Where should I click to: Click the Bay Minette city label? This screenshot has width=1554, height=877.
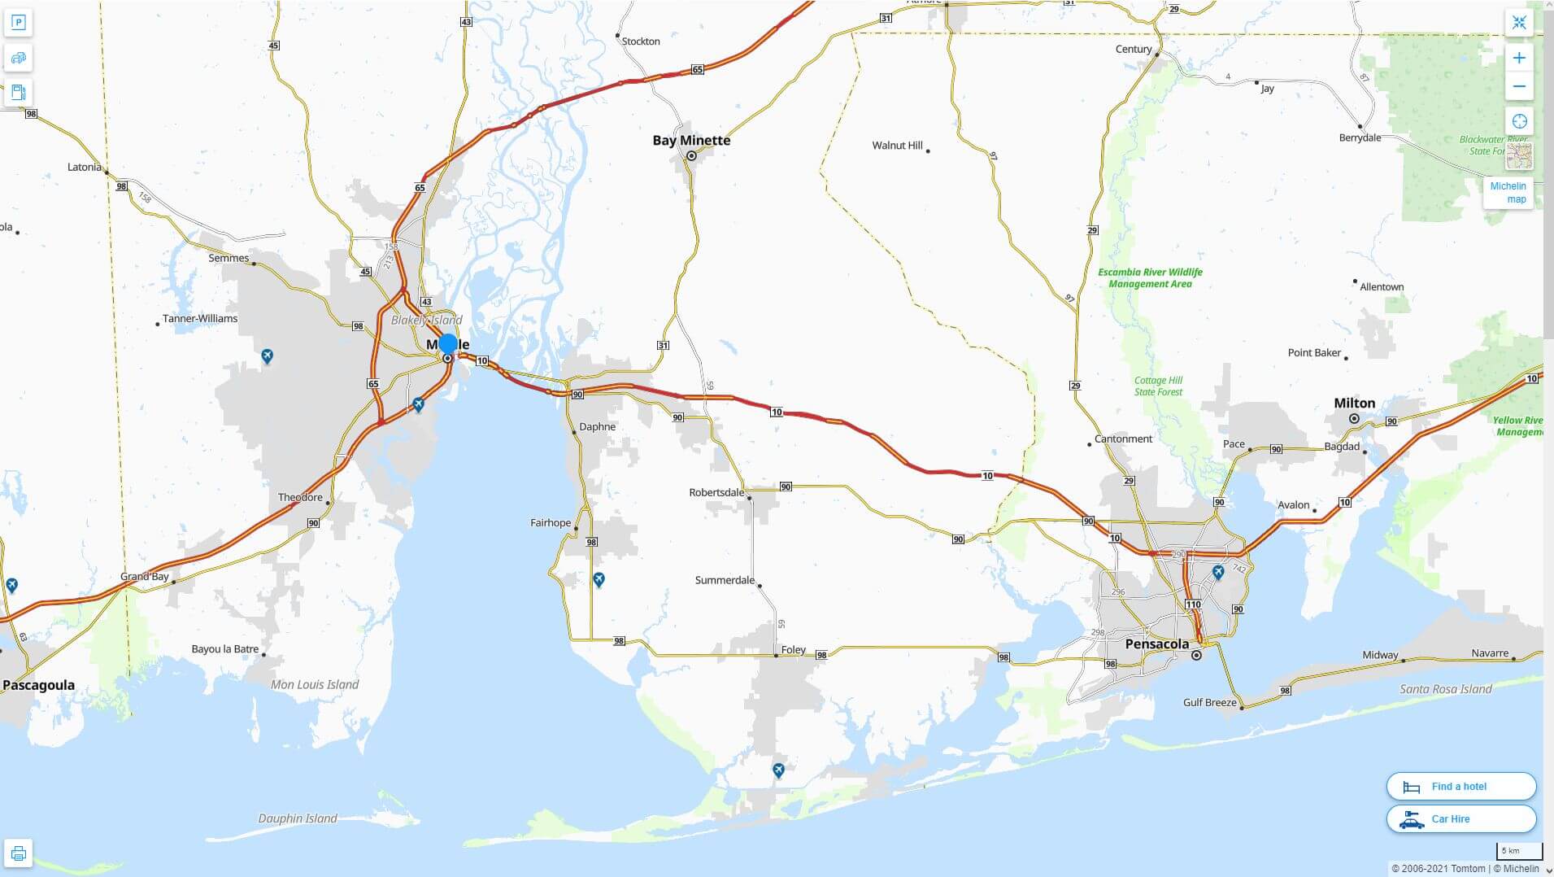pos(691,140)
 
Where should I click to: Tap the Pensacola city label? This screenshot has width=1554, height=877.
pos(1156,644)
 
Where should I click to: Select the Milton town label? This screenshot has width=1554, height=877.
pos(1354,403)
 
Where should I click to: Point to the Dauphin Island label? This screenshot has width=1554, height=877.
pos(298,818)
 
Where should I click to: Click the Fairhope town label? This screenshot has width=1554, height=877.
pos(551,522)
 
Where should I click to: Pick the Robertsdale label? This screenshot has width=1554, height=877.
pos(716,492)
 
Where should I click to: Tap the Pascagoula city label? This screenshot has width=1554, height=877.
pos(38,685)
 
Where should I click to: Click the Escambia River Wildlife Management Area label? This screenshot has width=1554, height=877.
pos(1150,278)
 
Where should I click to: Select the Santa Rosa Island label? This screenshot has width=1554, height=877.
pos(1445,689)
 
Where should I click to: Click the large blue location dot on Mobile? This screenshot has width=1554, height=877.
pos(447,343)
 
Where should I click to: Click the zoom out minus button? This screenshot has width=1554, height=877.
pos(1519,86)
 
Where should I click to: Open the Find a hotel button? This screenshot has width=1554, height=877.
pos(1460,787)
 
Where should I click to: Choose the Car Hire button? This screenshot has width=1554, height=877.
pos(1460,819)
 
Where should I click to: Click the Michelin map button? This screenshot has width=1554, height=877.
pos(1508,193)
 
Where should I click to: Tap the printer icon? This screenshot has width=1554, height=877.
pos(18,853)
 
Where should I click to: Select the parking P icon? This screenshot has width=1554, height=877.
pos(18,22)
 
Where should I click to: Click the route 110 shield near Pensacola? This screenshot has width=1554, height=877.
pos(1193,604)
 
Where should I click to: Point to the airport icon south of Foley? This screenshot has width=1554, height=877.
pos(778,770)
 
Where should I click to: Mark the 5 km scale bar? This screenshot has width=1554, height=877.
pos(1518,852)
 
